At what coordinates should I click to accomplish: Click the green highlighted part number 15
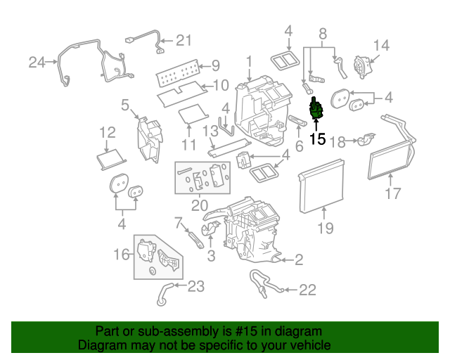317,110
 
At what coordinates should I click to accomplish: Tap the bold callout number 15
318,139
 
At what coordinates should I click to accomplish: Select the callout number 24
37,63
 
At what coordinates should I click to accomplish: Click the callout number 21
183,40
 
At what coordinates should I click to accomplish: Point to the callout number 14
380,46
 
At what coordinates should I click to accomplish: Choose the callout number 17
392,193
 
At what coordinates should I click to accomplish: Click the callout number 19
324,227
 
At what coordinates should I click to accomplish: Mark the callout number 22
307,289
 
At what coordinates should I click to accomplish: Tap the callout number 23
195,286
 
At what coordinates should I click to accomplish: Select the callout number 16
122,254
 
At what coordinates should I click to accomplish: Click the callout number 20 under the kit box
200,205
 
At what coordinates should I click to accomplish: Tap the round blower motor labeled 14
362,68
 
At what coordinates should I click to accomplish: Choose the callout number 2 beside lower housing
299,261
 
